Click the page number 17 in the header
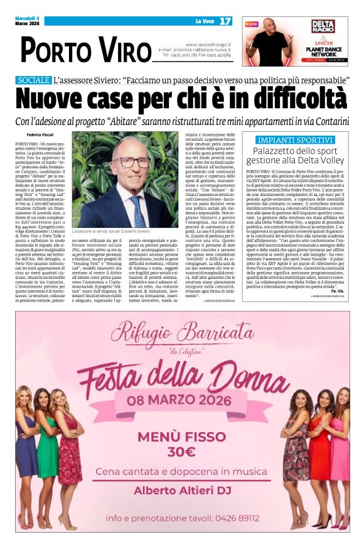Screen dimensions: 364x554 click(225, 21)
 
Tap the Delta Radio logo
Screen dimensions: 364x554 click(323, 27)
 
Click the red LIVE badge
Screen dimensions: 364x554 click(252, 24)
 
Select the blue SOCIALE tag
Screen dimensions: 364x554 click(34, 80)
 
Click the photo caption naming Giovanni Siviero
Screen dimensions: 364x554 click(113, 232)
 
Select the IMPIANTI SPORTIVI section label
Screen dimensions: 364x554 click(291, 139)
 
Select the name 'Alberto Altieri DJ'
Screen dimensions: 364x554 click(182, 490)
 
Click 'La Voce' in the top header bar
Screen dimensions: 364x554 click(203, 21)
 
